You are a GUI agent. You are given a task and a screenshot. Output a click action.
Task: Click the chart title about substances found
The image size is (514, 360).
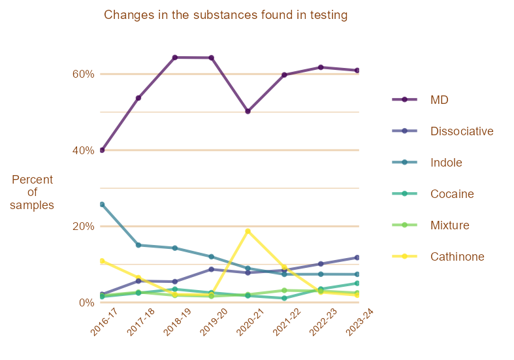225,14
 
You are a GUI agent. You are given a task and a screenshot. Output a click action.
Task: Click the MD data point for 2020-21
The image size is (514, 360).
248,111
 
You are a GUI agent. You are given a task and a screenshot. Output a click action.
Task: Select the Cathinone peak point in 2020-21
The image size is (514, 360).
248,231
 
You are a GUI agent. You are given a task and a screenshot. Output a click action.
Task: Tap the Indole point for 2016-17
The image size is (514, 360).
102,205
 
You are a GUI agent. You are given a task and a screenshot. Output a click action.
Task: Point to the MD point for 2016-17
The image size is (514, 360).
102,150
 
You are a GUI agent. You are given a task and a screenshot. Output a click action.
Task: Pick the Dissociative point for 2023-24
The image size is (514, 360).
357,257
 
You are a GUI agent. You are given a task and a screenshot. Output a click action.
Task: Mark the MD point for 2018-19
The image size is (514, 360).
175,57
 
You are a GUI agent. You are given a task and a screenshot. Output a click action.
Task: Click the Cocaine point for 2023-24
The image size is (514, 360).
357,283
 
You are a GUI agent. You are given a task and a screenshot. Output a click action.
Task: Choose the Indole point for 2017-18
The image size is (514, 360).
138,245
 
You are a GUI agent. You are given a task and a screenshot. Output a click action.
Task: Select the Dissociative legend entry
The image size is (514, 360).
461,131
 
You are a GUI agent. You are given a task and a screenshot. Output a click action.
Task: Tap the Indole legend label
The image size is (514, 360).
446,163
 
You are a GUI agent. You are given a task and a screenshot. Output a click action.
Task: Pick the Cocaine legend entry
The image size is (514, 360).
452,194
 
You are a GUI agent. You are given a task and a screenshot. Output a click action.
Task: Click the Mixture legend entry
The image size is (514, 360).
450,225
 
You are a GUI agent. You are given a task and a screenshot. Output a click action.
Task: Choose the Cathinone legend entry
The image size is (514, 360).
457,257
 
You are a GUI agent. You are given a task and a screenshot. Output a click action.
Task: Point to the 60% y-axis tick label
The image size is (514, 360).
84,74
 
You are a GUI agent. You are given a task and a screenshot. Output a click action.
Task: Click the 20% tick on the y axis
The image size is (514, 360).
84,226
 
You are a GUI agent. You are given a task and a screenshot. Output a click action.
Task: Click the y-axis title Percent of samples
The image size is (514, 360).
32,192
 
